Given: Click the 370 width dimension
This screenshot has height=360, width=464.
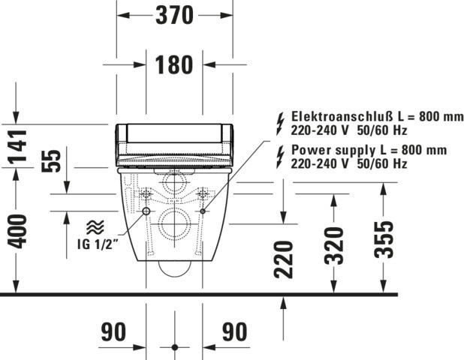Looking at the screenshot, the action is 175,16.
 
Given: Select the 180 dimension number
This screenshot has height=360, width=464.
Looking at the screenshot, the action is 174,64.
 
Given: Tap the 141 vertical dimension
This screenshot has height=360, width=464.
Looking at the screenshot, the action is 17,147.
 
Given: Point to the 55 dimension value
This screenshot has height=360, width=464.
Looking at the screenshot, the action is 51,161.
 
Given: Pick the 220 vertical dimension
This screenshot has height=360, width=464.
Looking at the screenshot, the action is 284,259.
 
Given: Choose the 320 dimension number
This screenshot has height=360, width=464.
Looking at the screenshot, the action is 334,246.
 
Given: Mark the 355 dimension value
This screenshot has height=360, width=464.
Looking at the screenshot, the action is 384,239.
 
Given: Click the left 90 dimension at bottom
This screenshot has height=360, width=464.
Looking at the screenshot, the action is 113,332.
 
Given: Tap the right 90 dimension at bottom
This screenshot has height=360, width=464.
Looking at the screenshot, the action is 235,332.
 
